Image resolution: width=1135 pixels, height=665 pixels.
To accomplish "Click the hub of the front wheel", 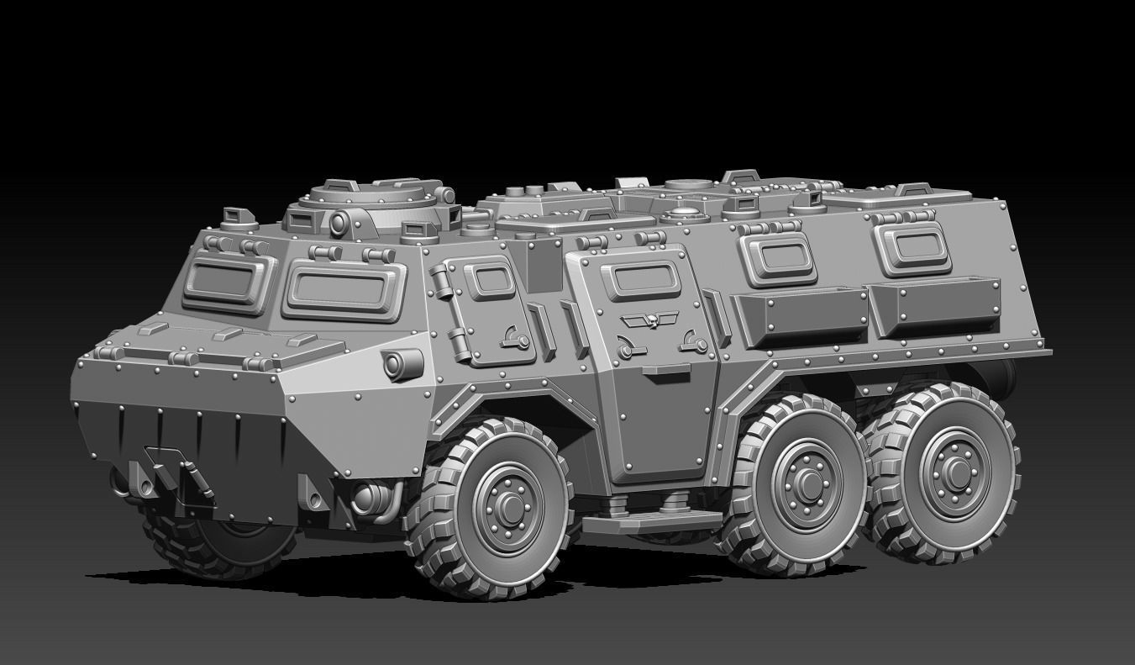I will coord(509,506).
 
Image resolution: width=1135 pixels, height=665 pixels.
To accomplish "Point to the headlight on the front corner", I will coord(402,364).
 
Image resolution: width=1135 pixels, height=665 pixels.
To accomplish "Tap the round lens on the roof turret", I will coord(339,224).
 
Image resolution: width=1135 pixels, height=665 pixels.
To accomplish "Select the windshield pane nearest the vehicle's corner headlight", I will coord(345,289).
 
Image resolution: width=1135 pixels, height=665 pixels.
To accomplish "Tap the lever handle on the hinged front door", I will coord(515,340).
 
